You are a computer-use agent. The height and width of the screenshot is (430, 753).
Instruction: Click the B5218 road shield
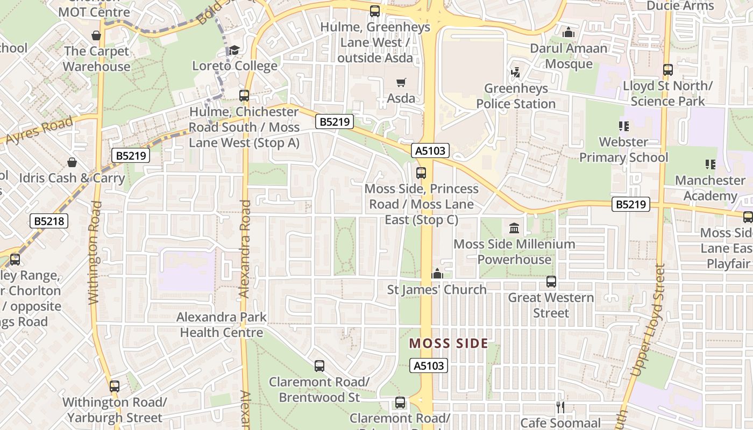pos(49,221)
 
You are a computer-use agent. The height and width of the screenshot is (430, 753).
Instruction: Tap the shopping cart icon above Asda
pos(401,82)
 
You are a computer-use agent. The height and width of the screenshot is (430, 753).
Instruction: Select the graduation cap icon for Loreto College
pos(234,50)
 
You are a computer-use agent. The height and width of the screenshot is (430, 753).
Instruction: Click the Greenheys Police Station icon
pos(515,72)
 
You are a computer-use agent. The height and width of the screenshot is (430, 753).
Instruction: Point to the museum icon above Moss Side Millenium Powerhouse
pos(514,228)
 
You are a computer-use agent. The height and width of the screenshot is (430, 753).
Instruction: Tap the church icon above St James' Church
pos(437,274)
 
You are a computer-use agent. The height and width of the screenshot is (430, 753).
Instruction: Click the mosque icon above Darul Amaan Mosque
pos(569,32)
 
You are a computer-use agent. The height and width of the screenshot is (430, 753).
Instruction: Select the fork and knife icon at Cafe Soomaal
pos(560,407)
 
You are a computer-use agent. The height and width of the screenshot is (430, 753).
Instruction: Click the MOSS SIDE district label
pos(449,343)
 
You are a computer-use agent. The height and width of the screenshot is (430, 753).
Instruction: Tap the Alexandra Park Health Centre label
pos(222,325)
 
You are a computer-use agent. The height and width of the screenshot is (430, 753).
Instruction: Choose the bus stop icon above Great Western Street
pos(551,282)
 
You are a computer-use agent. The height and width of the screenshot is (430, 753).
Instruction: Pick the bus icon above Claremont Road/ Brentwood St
pos(319,366)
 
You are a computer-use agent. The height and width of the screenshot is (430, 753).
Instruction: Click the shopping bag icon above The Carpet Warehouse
pos(96,35)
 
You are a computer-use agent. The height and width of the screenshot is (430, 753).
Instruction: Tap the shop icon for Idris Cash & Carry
pos(72,162)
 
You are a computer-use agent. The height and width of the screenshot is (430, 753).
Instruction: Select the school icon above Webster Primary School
pos(624,126)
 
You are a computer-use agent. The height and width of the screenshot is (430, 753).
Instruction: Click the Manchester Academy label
pos(710,188)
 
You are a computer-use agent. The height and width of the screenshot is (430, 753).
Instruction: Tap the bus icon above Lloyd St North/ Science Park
pos(668,70)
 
